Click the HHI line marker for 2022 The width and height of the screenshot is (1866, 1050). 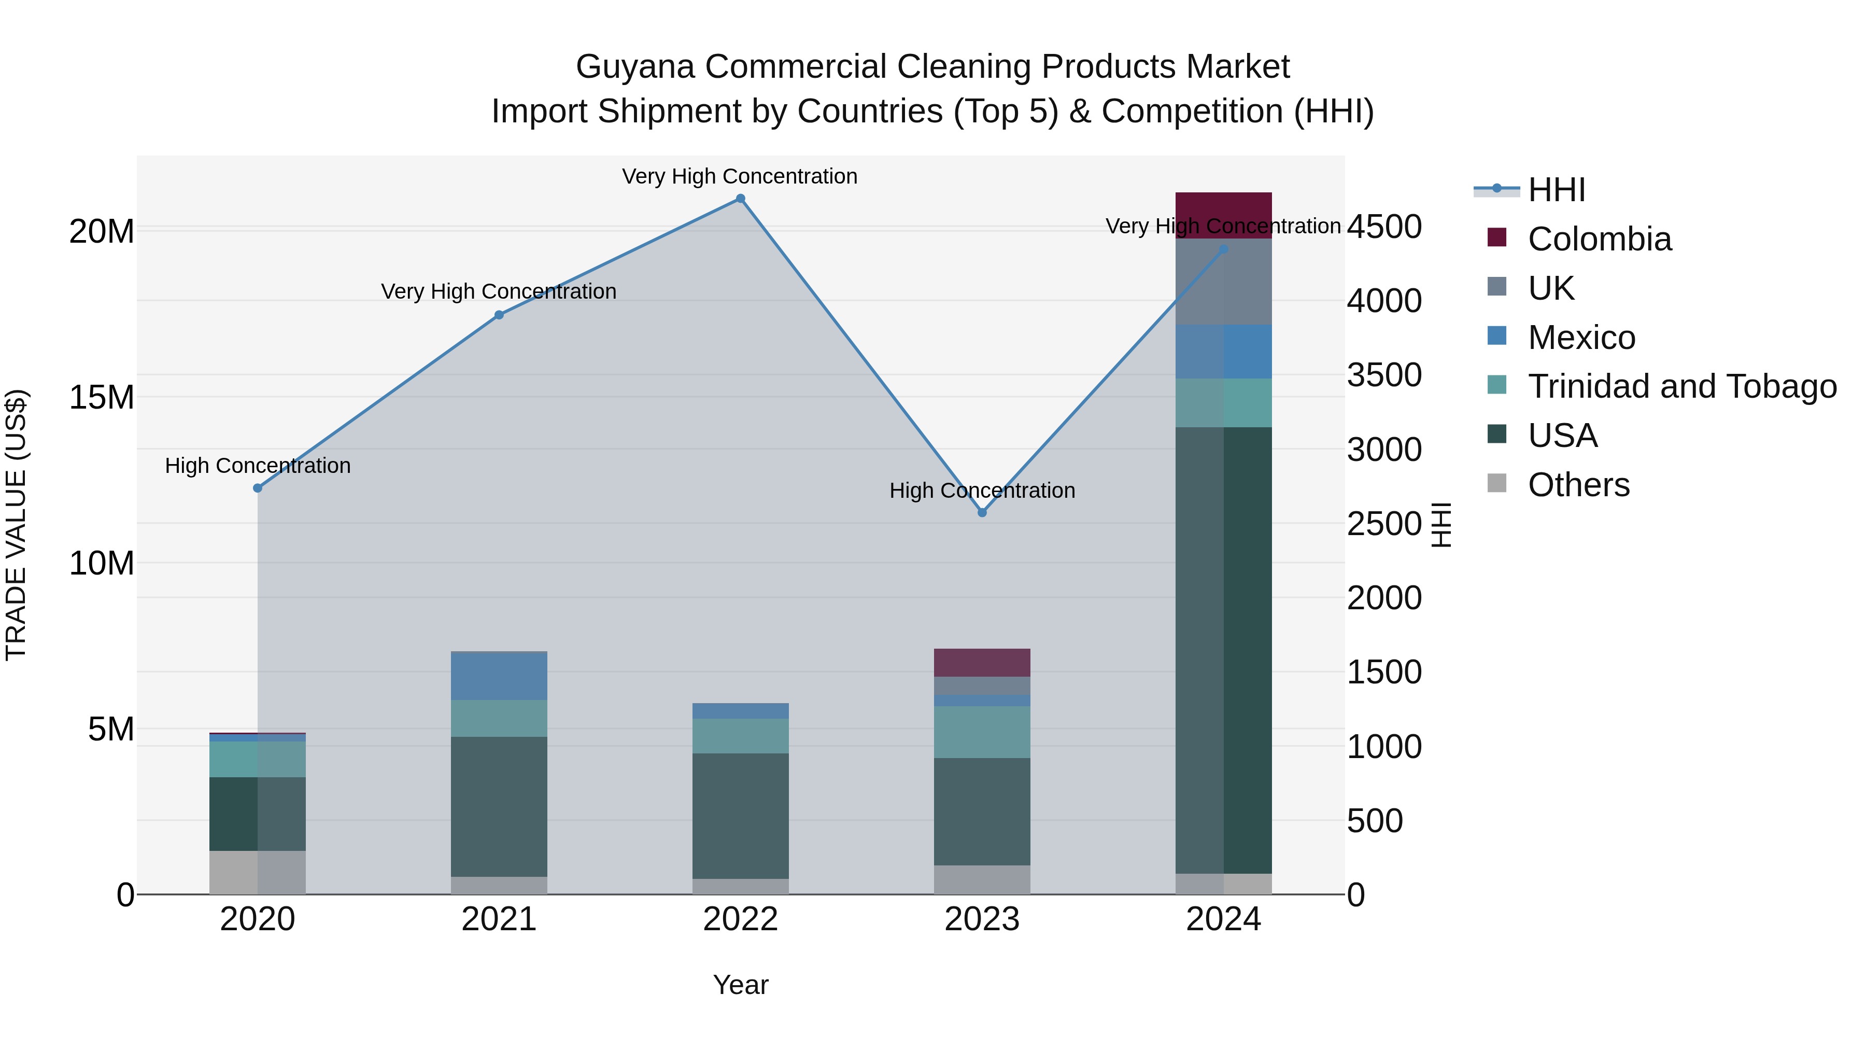click(x=740, y=199)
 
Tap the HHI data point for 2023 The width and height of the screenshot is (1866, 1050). click(x=982, y=512)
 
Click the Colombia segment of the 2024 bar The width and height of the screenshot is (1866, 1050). click(x=1223, y=215)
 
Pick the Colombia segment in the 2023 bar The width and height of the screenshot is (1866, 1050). click(x=982, y=662)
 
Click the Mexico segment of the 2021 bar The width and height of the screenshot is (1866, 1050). click(x=499, y=676)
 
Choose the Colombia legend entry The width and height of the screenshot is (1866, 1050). click(x=1599, y=239)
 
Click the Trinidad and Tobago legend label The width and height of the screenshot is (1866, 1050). click(x=1682, y=386)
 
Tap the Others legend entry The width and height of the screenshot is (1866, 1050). click(x=1578, y=485)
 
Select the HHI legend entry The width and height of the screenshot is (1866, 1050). click(x=1556, y=190)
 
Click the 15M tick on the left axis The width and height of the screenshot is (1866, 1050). click(x=102, y=397)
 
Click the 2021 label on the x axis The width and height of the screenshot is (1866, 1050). click(x=499, y=919)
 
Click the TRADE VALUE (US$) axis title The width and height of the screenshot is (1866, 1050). click(x=16, y=525)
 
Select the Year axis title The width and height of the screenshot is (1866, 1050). click(x=740, y=985)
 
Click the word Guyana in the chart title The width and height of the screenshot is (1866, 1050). click(x=634, y=67)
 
